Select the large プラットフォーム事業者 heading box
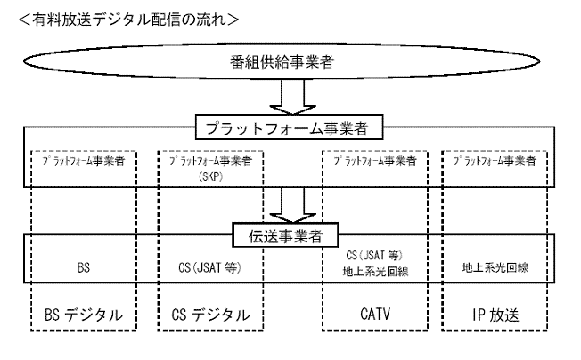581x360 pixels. point(290,128)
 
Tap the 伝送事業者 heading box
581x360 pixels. point(291,235)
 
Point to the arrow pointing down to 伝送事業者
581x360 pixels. point(291,204)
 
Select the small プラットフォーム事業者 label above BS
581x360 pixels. point(76,162)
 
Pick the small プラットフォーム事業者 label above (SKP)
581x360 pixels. point(209,162)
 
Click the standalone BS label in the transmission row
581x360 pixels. point(77,265)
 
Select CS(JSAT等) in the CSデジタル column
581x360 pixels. point(208,265)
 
